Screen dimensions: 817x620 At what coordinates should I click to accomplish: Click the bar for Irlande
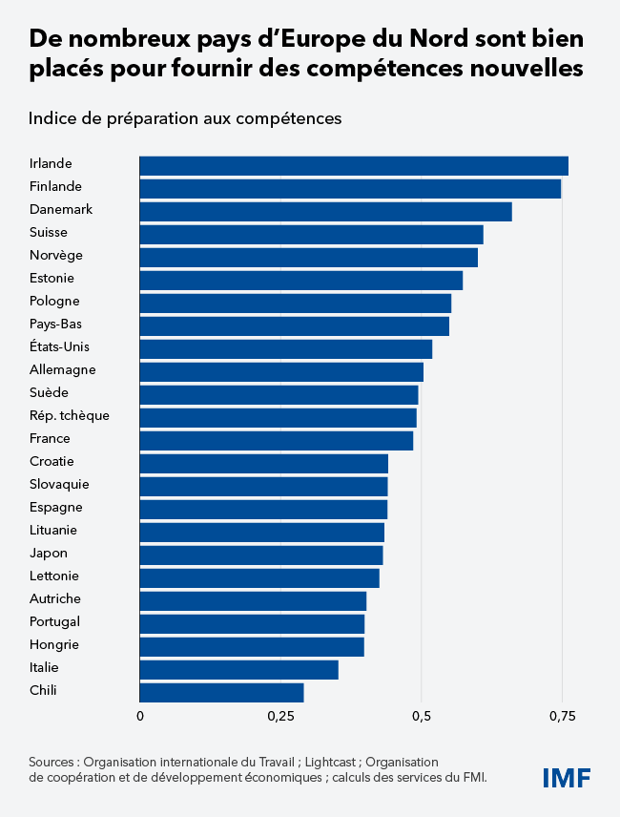point(353,165)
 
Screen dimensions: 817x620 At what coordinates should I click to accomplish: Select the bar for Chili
point(221,692)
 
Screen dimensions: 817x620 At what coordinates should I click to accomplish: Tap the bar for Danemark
point(325,211)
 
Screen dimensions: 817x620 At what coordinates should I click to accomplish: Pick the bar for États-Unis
point(285,348)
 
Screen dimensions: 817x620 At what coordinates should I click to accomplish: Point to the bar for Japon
point(260,555)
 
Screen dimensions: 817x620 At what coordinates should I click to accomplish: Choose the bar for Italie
point(238,669)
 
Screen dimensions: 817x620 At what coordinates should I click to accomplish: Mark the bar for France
point(276,440)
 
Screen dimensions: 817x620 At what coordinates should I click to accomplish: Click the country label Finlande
point(55,186)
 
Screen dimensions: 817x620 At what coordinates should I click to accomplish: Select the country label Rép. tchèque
point(69,415)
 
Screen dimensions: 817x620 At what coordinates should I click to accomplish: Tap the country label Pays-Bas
point(55,324)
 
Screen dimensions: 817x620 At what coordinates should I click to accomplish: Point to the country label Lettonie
point(54,576)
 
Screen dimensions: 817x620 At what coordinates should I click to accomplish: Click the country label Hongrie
point(54,644)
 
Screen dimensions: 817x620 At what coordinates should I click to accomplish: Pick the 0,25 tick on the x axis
point(279,716)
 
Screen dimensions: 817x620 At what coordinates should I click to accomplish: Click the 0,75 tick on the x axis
point(562,716)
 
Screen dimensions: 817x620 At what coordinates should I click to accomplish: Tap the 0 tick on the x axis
point(140,716)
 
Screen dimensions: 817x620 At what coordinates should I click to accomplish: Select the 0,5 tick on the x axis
point(421,716)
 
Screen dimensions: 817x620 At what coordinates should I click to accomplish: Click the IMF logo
point(567,777)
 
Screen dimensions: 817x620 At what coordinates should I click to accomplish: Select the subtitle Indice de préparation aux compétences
point(185,118)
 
